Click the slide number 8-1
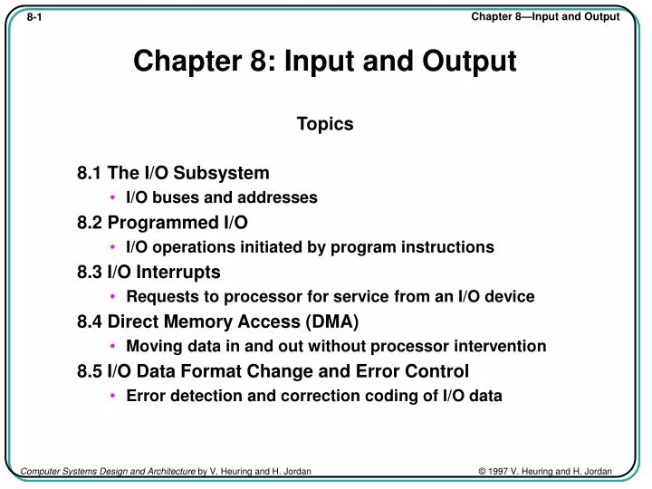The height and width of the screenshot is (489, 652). pyautogui.click(x=35, y=17)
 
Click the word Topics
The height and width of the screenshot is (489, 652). pyautogui.click(x=325, y=124)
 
